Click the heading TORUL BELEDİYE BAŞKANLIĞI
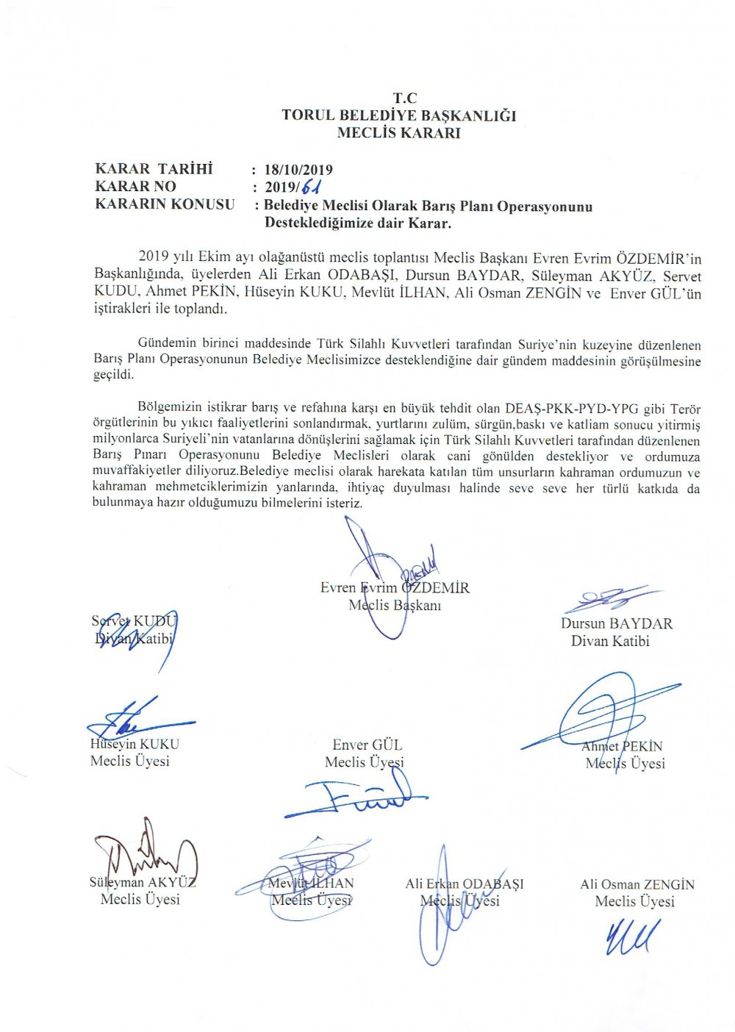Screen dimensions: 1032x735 (x=399, y=115)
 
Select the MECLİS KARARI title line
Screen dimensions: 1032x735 (x=399, y=133)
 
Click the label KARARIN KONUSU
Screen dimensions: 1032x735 (x=165, y=204)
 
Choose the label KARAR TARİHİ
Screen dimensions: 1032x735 (x=154, y=169)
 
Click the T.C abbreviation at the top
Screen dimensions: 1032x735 (x=405, y=98)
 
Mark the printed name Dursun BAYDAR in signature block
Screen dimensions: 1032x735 (x=616, y=623)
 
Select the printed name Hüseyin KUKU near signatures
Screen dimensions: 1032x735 (x=135, y=744)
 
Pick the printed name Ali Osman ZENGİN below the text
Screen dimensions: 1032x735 (x=637, y=884)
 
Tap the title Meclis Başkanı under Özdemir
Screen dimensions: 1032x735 (x=394, y=606)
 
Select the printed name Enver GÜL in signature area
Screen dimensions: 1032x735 (x=367, y=745)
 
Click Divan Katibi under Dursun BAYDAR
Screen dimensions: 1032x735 (x=610, y=641)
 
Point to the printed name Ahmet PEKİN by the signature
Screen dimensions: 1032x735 (x=622, y=746)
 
